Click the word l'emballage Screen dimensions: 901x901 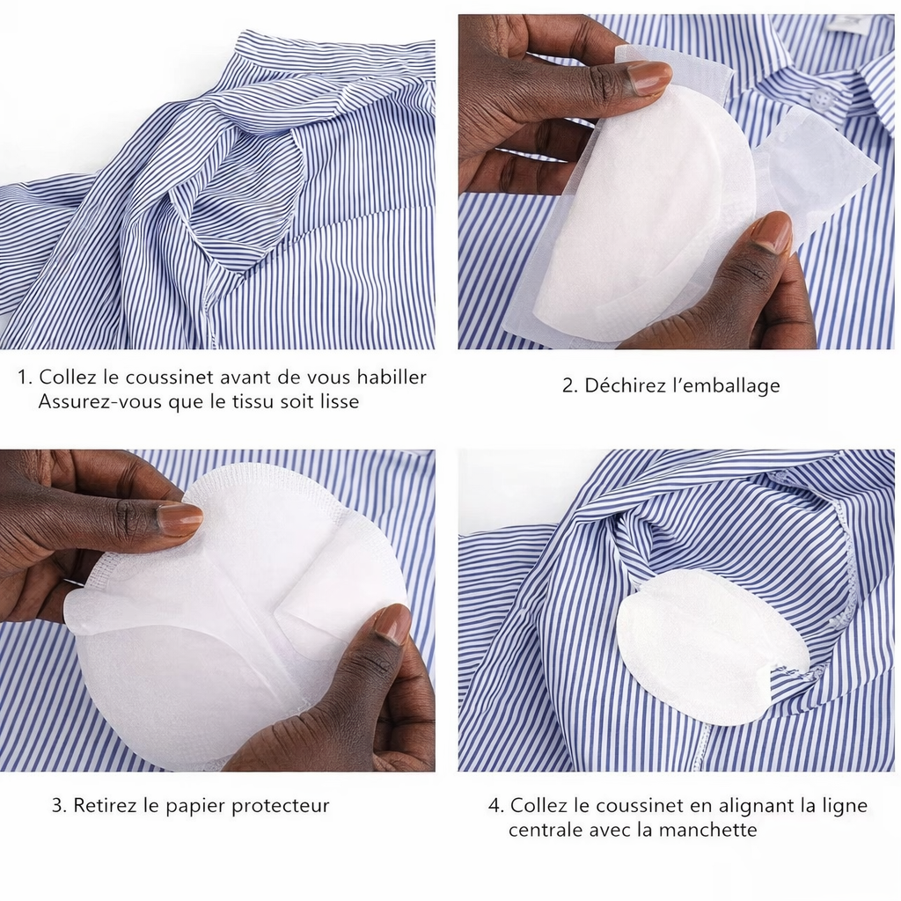(x=726, y=385)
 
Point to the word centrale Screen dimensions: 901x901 (x=546, y=830)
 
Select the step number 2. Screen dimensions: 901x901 (x=568, y=385)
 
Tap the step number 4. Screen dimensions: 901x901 (x=494, y=805)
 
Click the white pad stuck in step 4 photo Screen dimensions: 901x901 (x=704, y=647)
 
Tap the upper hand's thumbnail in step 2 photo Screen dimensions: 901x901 (x=649, y=78)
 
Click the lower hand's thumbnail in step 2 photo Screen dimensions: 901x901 (x=772, y=234)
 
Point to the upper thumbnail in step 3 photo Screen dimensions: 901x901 (x=179, y=519)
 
